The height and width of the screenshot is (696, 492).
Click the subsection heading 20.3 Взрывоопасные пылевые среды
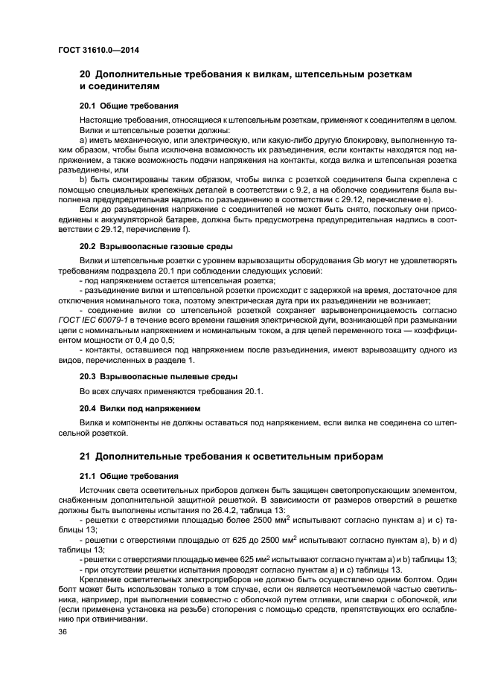pos(148,376)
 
